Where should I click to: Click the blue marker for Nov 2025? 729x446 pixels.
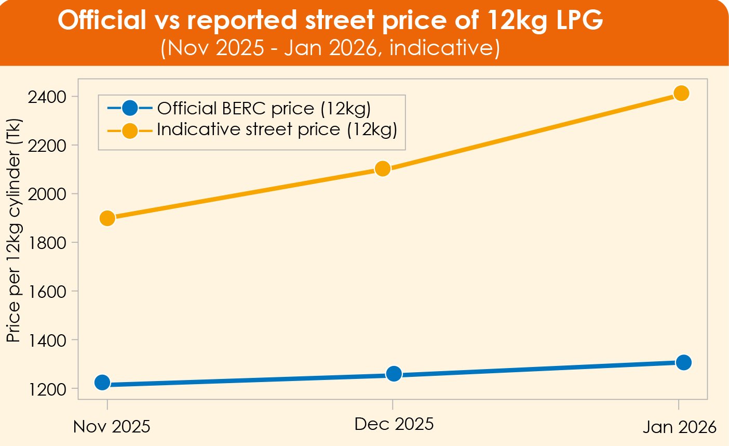coord(103,383)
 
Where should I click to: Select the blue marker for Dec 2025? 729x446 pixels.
coord(394,374)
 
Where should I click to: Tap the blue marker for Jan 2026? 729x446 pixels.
coord(684,362)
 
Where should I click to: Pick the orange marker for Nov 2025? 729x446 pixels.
coord(107,218)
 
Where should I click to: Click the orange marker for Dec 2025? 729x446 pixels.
coord(383,169)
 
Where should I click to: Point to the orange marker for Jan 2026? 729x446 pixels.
coord(681,94)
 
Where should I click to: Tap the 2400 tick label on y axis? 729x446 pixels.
coord(48,97)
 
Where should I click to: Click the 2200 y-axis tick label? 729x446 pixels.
coord(48,146)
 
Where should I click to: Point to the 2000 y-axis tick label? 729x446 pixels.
coord(48,194)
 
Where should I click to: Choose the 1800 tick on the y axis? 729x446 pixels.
coord(48,243)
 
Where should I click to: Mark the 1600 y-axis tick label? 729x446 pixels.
coord(48,291)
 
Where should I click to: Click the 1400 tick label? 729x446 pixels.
coord(48,340)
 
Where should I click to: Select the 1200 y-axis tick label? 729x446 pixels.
coord(48,389)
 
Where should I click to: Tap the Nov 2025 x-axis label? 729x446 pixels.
coord(112,427)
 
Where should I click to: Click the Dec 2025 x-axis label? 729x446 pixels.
coord(394,424)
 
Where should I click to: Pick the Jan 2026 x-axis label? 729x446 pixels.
coord(679,427)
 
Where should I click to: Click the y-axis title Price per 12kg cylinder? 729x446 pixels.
coord(14,231)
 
